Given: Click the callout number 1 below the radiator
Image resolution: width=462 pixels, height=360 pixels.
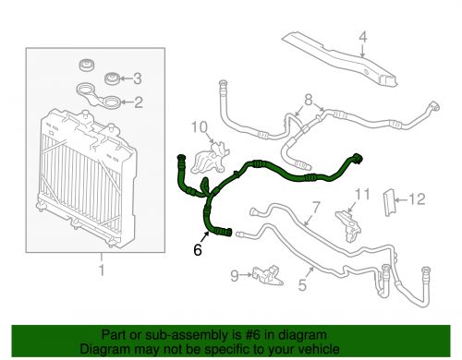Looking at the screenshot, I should tap(101, 270).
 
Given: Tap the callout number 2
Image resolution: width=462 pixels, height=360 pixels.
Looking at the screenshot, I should tap(139, 102).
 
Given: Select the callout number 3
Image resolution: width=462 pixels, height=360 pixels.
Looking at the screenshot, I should tap(139, 78).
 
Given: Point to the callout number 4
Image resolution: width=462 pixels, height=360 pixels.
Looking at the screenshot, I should tap(363, 38).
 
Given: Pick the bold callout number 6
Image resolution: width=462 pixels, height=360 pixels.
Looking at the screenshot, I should tap(197, 248).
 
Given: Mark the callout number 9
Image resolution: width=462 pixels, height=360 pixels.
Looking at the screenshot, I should tap(234, 274).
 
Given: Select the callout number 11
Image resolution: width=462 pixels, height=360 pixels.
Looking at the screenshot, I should tap(363, 194).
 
